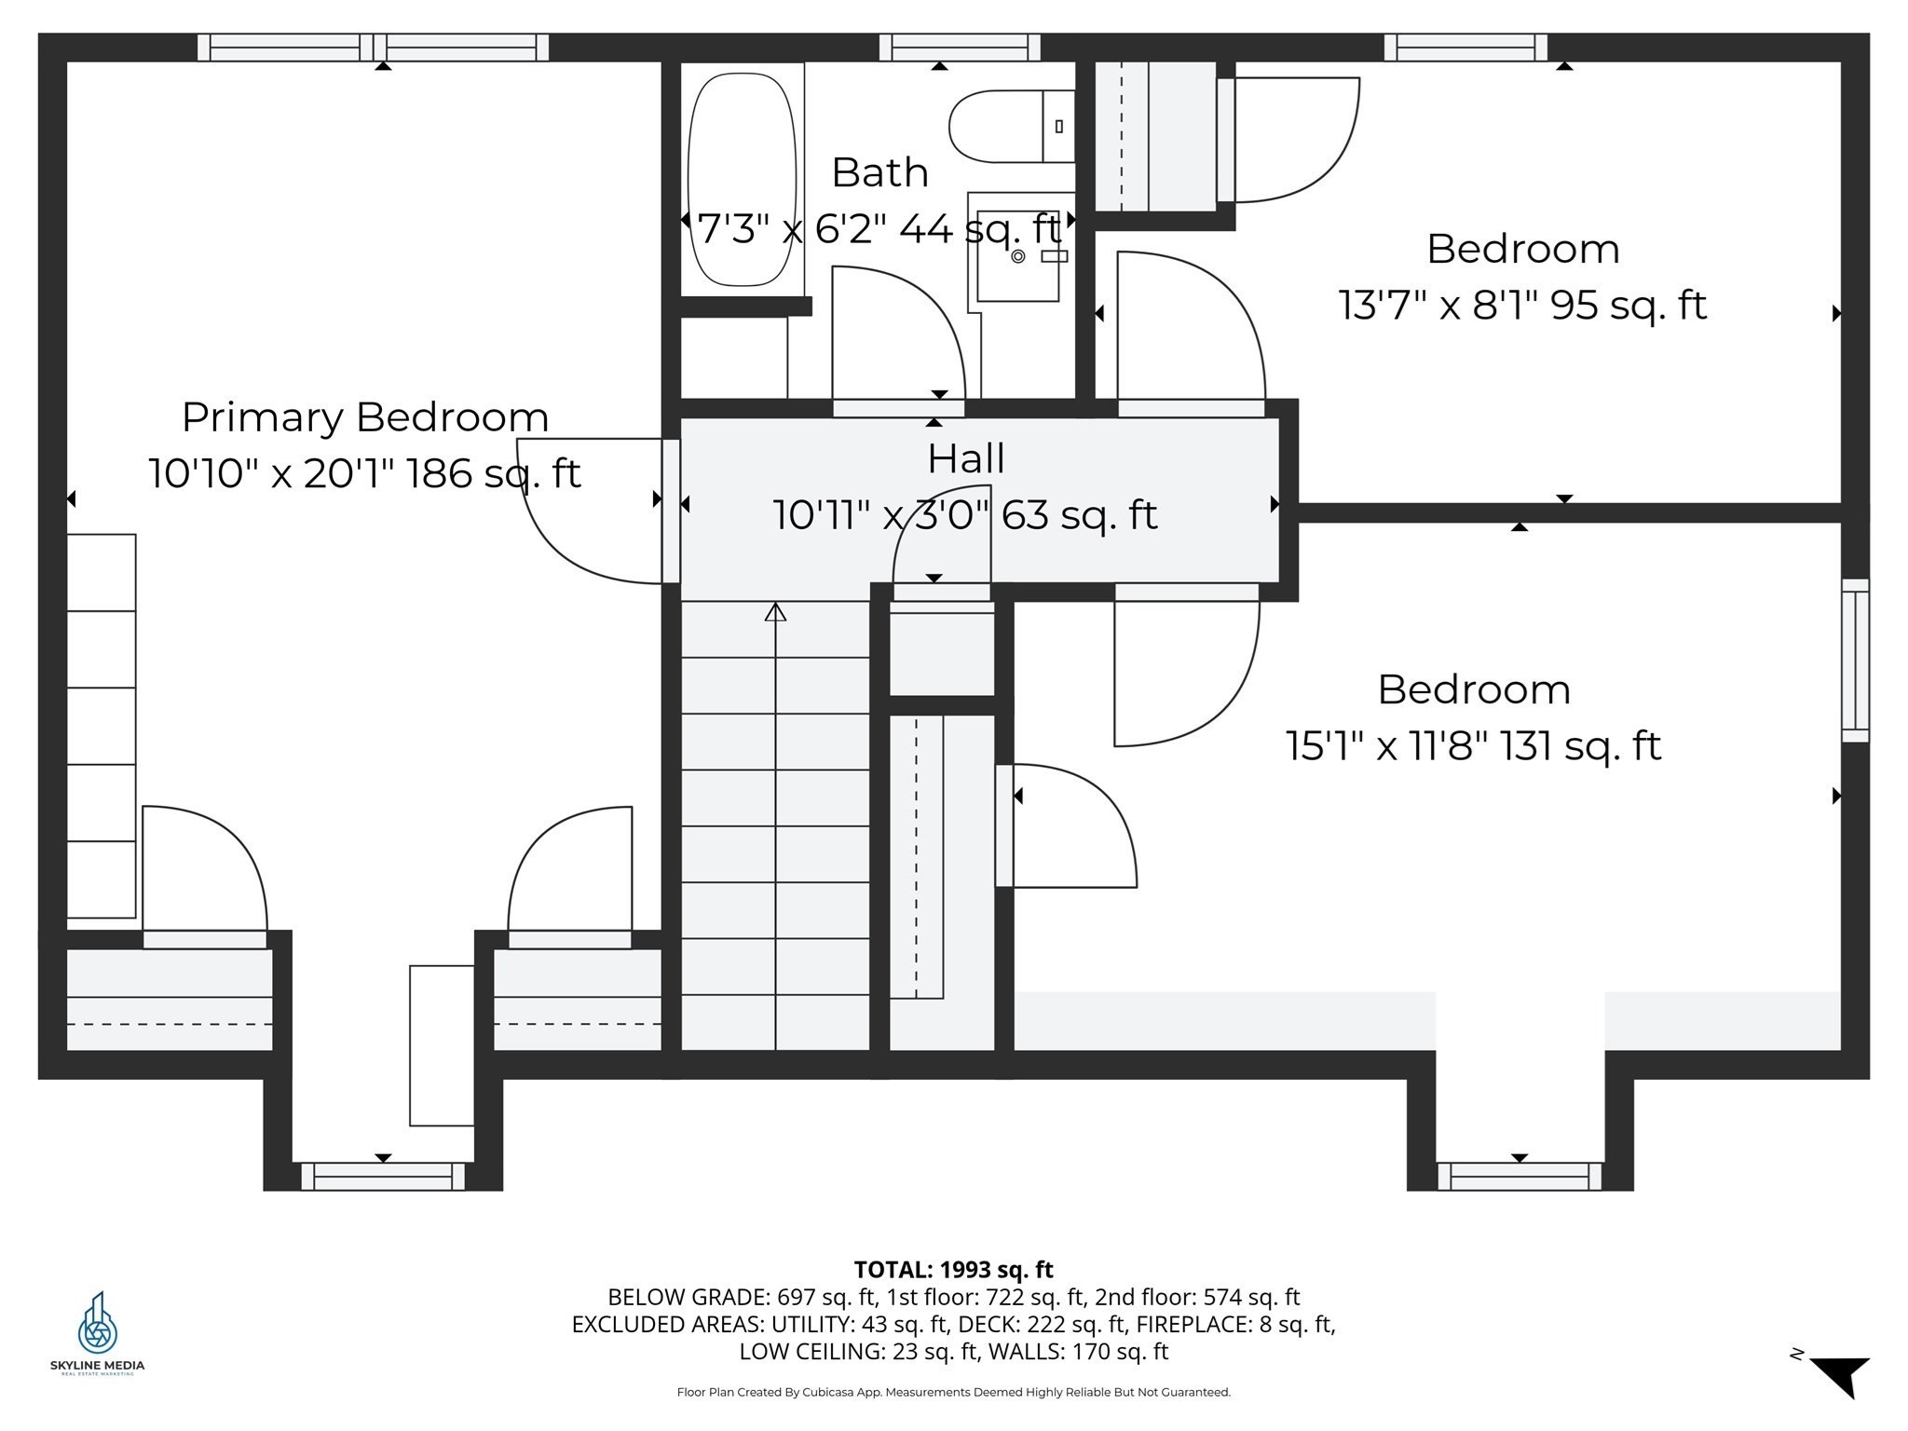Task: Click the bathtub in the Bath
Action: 742,179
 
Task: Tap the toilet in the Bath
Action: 1012,127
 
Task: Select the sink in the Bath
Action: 1017,254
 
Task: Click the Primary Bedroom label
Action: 365,416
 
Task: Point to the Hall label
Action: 965,458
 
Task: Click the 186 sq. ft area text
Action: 503,473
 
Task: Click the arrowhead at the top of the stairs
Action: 775,611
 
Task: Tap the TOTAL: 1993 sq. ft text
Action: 953,1269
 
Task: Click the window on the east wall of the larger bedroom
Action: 1855,661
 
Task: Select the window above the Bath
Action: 960,48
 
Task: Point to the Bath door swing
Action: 898,341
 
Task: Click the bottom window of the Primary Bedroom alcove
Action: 383,1176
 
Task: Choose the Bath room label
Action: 879,172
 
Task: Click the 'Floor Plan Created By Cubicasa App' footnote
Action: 953,1393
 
